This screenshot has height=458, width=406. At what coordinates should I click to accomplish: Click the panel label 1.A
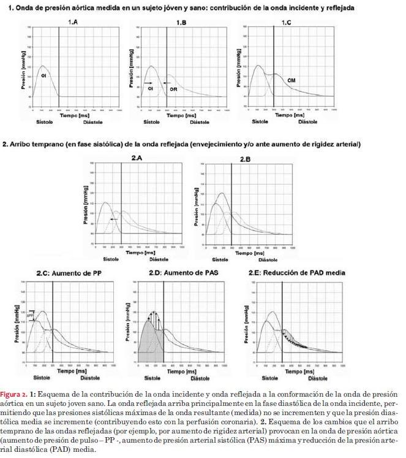73,23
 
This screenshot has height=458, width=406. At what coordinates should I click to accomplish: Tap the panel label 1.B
181,23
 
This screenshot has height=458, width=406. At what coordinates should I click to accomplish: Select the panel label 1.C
287,23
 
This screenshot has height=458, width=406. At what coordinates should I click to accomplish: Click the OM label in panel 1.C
291,80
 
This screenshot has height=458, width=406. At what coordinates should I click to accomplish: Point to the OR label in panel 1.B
173,89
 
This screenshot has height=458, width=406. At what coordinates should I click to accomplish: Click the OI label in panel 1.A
43,75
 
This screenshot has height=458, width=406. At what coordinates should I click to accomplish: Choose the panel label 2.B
245,159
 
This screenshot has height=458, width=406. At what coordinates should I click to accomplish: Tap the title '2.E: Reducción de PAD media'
297,272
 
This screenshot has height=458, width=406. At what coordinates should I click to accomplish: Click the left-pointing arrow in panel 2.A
113,218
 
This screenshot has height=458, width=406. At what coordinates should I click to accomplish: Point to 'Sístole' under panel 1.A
45,122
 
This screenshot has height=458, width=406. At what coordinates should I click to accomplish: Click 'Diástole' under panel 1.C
307,122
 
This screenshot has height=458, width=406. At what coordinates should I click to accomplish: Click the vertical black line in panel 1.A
59,64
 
